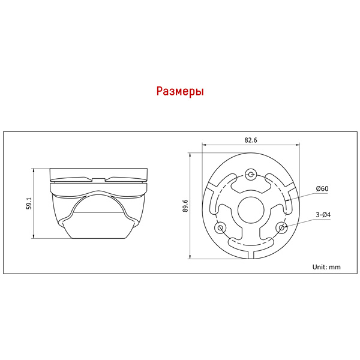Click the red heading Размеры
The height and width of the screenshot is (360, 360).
pyautogui.click(x=180, y=91)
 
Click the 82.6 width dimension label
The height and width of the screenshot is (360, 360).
pyautogui.click(x=251, y=140)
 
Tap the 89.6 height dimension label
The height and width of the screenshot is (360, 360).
pyautogui.click(x=185, y=206)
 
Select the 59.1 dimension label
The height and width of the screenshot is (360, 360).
pyautogui.click(x=29, y=203)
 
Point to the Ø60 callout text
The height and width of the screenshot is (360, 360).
pyautogui.click(x=322, y=189)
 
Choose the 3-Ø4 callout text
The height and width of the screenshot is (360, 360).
pyautogui.click(x=323, y=215)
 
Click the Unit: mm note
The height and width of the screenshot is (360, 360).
pyautogui.click(x=326, y=267)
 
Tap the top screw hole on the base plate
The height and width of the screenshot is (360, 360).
pyautogui.click(x=251, y=175)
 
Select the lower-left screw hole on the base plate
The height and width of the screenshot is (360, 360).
pyautogui.click(x=220, y=228)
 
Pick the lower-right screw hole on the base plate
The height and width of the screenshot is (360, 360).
pyautogui.click(x=281, y=228)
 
